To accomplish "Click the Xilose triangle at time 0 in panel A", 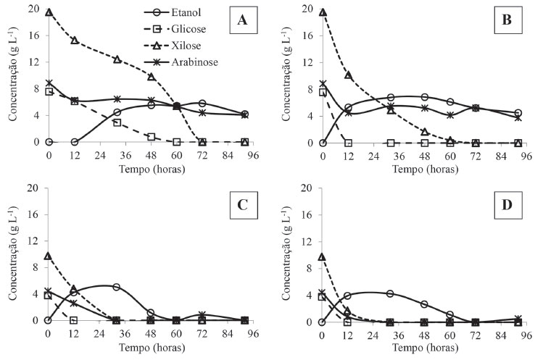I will click(49, 12).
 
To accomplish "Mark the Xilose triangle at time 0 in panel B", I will click(323, 12).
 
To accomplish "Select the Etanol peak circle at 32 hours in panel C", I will click(116, 287).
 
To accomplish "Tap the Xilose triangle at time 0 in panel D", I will click(323, 257).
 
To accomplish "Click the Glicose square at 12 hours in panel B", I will click(348, 143).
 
